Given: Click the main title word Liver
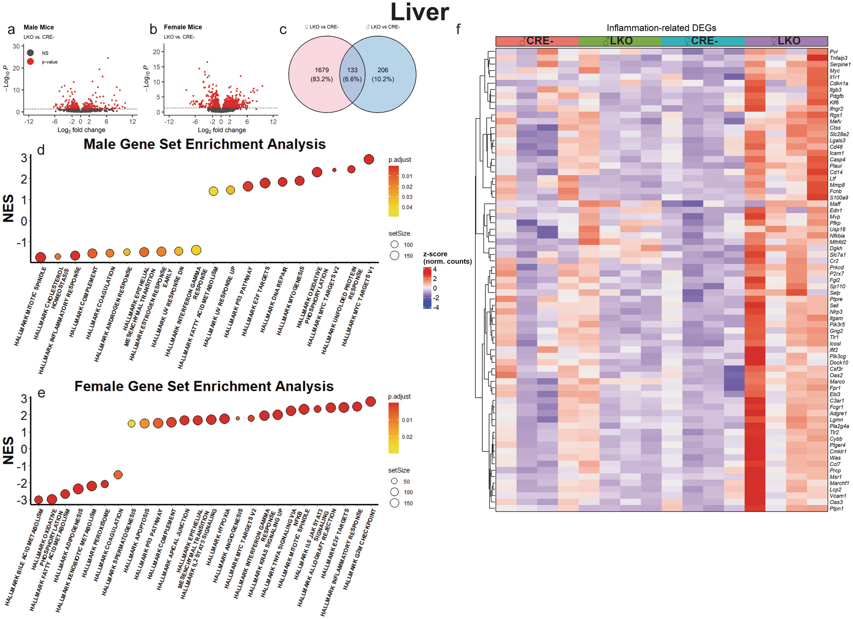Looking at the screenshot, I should pyautogui.click(x=419, y=12).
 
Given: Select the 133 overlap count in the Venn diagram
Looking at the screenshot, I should pyautogui.click(x=352, y=70).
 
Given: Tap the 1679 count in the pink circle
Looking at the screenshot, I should pyautogui.click(x=321, y=70).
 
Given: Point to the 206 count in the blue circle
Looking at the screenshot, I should pyautogui.click(x=383, y=70).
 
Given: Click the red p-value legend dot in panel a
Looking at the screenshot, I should pyautogui.click(x=30, y=62).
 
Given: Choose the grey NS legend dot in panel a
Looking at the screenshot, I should pyautogui.click(x=30, y=53).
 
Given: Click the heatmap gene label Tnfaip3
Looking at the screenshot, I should pyautogui.click(x=838, y=58).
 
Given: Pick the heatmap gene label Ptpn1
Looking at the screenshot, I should pyautogui.click(x=837, y=509).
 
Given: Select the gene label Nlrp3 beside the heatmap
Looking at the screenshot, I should pyautogui.click(x=836, y=312).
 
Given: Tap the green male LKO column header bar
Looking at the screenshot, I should pyautogui.click(x=620, y=41).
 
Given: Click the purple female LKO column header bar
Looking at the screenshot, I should pyautogui.click(x=786, y=41).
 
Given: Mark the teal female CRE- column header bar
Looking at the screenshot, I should pyautogui.click(x=703, y=41).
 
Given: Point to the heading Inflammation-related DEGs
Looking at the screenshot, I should pyautogui.click(x=661, y=28).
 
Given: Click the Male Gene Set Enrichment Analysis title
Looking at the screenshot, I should pyautogui.click(x=204, y=144).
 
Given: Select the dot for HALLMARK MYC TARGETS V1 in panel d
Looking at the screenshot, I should pyautogui.click(x=369, y=159).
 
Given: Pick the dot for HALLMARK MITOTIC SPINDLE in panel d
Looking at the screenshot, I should pyautogui.click(x=40, y=257).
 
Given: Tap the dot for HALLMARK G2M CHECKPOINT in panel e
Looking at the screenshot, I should pyautogui.click(x=371, y=401).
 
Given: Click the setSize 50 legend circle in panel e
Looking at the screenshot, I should pyautogui.click(x=394, y=481).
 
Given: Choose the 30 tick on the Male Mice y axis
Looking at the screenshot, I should pyautogui.click(x=16, y=47).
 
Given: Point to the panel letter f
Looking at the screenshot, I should pyautogui.click(x=458, y=29).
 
